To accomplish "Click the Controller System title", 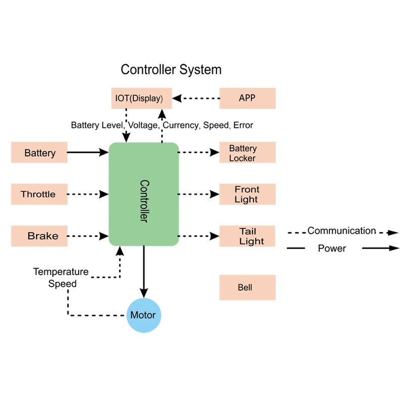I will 171,69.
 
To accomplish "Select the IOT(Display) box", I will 141,98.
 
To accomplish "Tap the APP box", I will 247,98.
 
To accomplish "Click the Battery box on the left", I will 39,153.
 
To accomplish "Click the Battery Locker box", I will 247,153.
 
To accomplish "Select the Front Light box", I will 247,194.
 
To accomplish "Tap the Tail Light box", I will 247,236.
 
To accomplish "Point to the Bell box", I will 247,288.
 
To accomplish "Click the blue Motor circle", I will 143,316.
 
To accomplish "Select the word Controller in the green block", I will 144,200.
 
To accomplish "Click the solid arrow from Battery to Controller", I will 88,151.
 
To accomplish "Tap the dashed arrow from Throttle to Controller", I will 88,194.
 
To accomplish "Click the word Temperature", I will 61,272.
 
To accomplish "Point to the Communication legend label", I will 341,231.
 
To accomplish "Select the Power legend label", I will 332,248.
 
